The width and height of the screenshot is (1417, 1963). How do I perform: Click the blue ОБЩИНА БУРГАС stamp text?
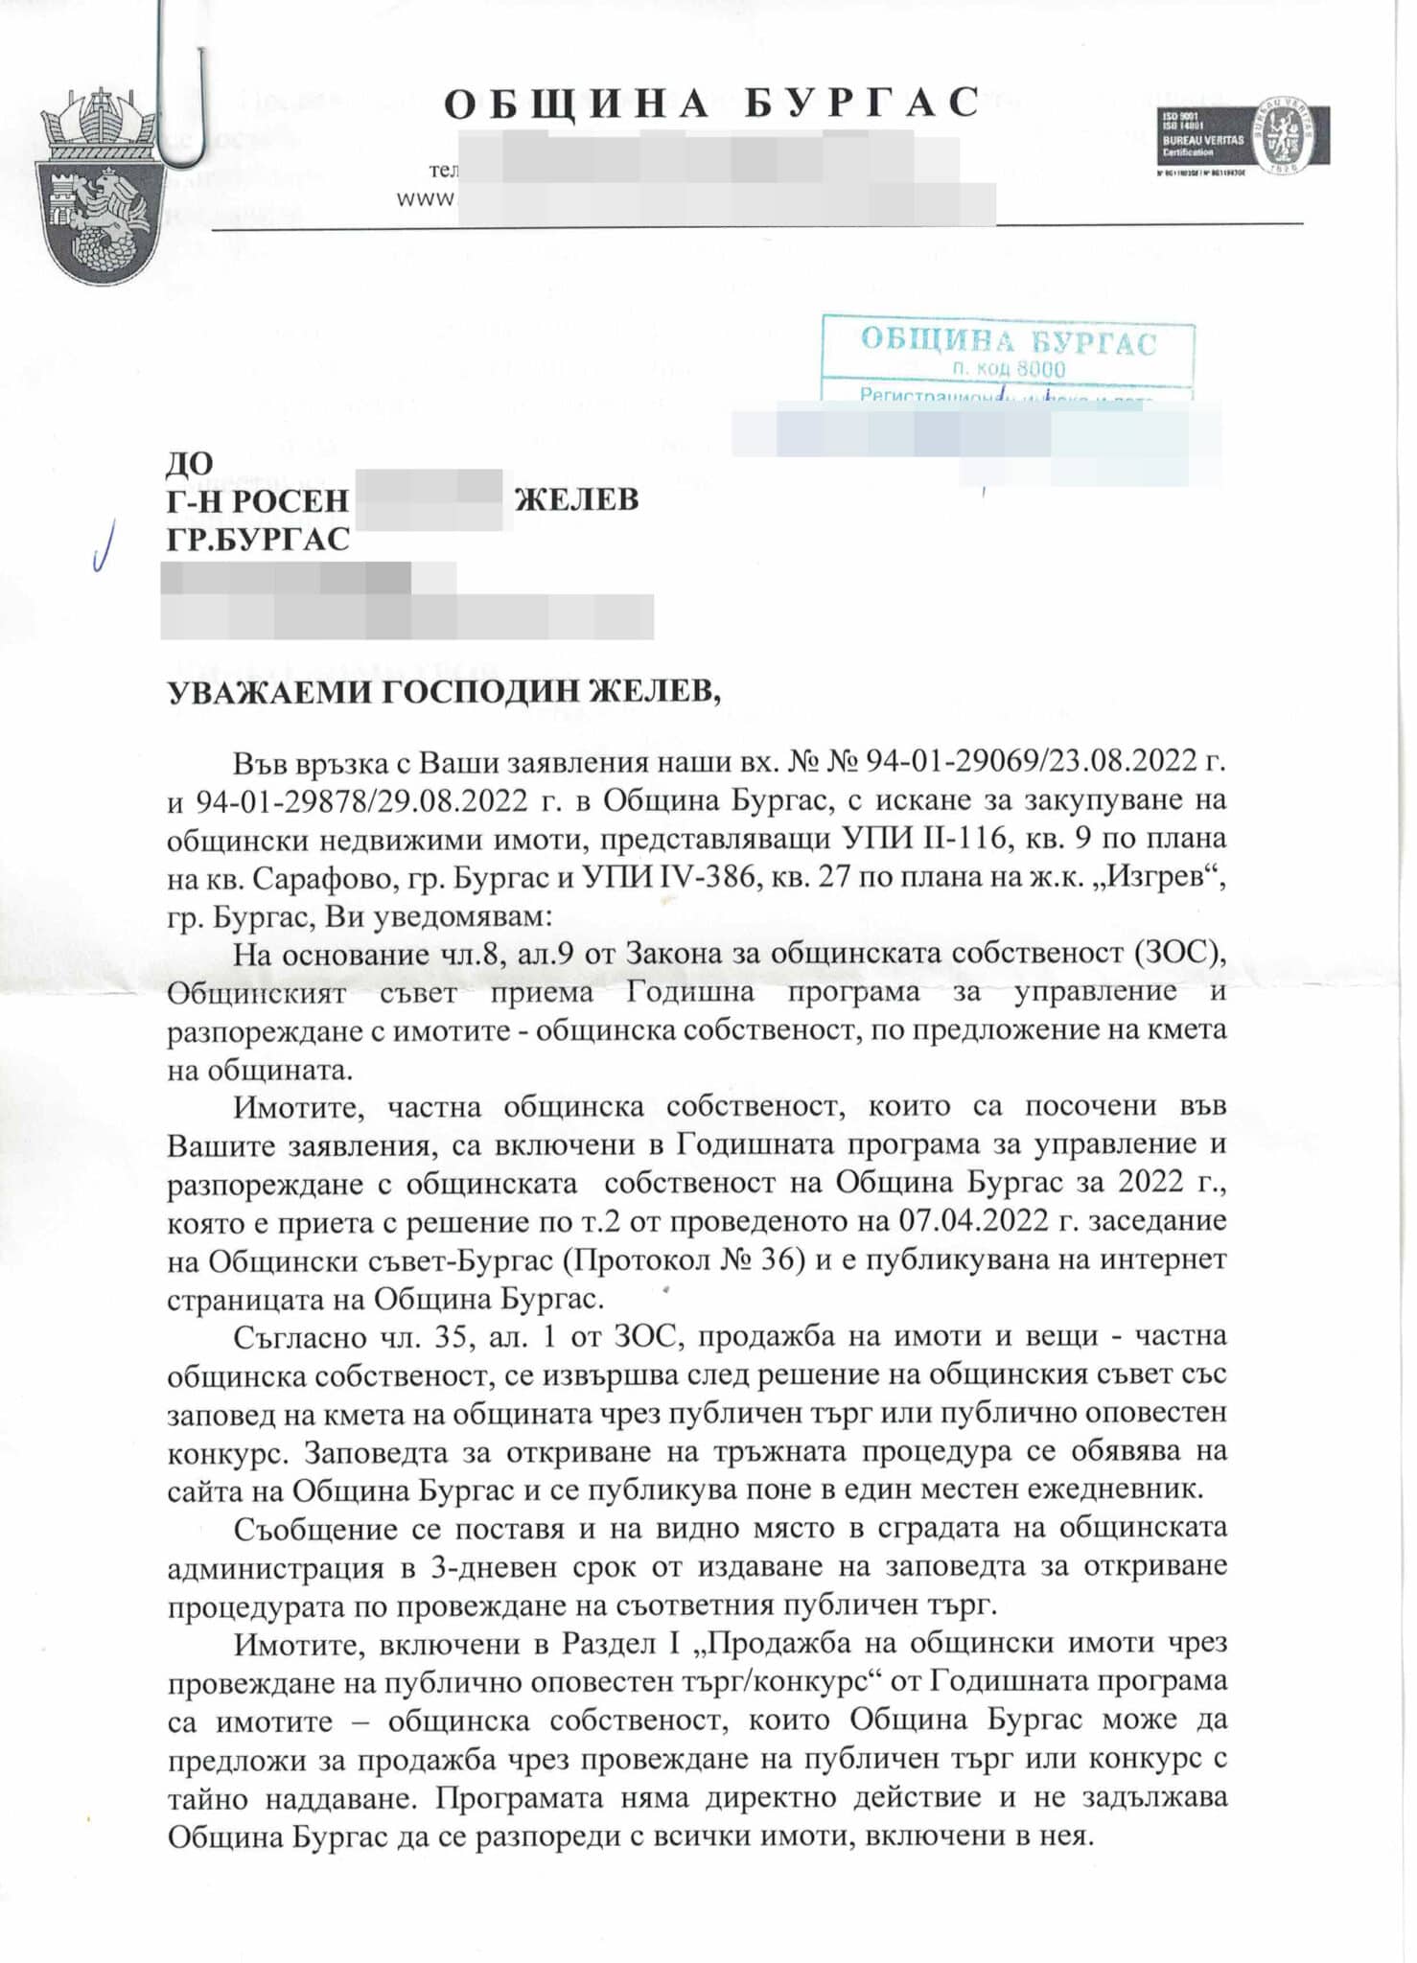[1009, 342]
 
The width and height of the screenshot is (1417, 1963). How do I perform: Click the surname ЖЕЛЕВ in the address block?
[576, 499]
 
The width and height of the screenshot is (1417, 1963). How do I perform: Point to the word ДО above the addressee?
[189, 463]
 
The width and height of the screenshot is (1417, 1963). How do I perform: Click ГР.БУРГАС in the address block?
[258, 540]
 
